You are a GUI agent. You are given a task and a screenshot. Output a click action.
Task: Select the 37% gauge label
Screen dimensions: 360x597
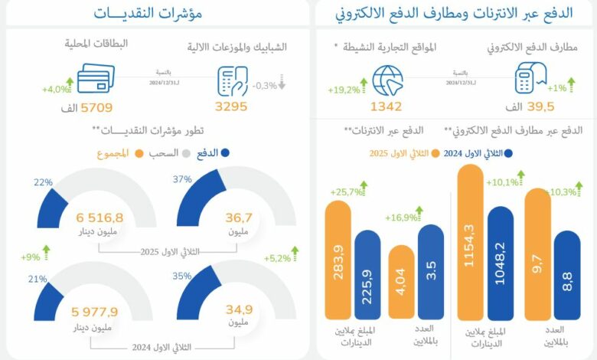click(181, 178)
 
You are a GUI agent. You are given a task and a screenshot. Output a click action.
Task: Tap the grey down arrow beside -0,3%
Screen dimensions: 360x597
click(282, 86)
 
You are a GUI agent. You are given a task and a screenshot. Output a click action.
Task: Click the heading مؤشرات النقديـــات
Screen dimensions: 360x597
click(148, 13)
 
